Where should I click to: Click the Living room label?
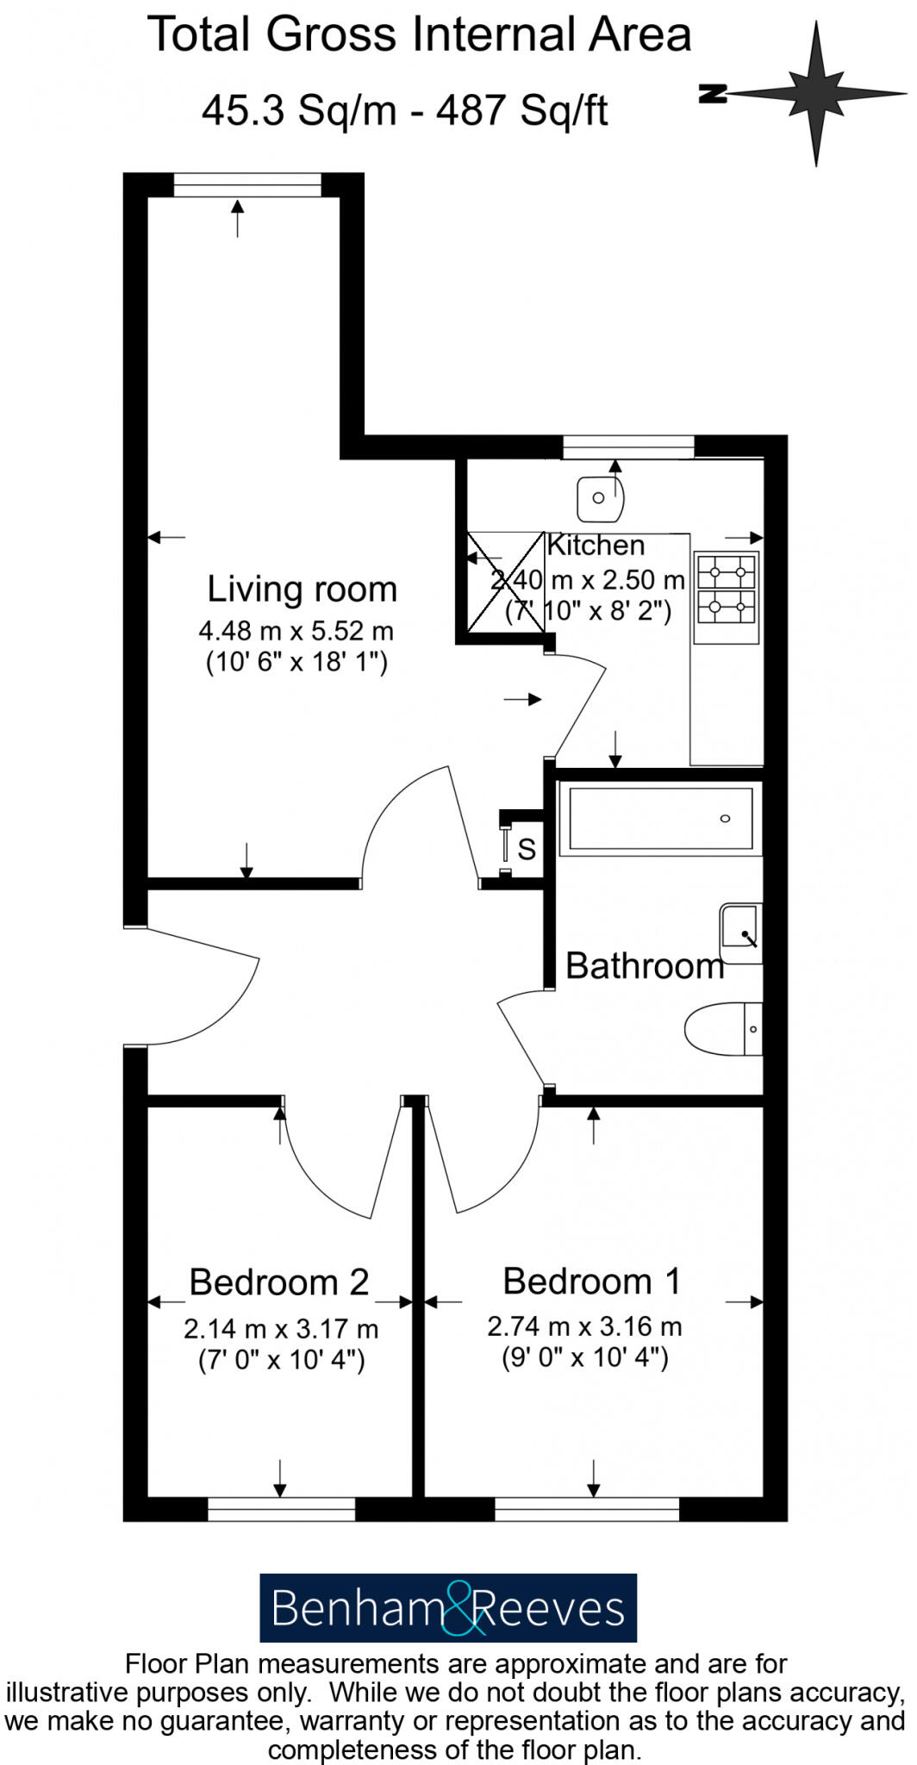pyautogui.click(x=302, y=589)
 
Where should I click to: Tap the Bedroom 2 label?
pyautogui.click(x=279, y=1282)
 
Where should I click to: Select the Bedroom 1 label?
pyautogui.click(x=592, y=1282)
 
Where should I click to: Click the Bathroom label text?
pyautogui.click(x=645, y=966)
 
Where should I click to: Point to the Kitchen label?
pyautogui.click(x=596, y=546)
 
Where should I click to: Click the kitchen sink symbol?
pyautogui.click(x=600, y=498)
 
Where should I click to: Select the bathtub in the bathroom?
pyautogui.click(x=660, y=819)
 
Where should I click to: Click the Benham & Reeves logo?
pyautogui.click(x=448, y=1608)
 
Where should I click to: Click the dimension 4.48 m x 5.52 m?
pyautogui.click(x=296, y=631)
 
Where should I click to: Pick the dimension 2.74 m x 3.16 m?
pyautogui.click(x=584, y=1326)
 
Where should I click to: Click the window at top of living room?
pyautogui.click(x=247, y=184)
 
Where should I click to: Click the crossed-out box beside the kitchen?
pyautogui.click(x=505, y=583)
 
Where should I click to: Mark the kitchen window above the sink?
pyautogui.click(x=628, y=446)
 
